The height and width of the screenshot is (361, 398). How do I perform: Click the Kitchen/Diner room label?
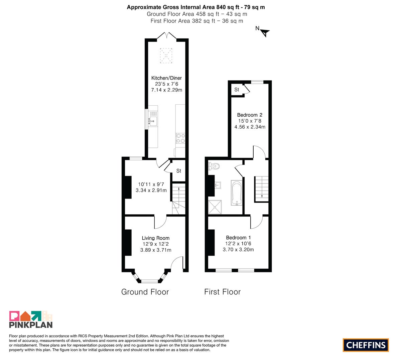(166, 78)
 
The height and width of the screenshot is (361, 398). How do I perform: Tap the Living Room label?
(156, 238)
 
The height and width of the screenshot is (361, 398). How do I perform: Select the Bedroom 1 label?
(238, 237)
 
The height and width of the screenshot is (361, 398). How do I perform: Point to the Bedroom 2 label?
(250, 115)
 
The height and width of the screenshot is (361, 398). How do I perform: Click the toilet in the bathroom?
(214, 166)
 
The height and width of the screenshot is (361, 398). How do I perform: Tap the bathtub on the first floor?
(237, 193)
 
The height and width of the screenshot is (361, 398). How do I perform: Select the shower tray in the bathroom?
(215, 207)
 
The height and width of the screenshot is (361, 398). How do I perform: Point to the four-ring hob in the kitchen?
(180, 138)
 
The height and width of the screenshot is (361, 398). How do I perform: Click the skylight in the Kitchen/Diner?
(166, 55)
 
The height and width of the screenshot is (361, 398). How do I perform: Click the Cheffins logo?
(366, 345)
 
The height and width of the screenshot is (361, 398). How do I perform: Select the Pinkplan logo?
(31, 319)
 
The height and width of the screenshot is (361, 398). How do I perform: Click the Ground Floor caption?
(145, 292)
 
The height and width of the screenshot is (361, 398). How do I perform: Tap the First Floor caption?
(222, 292)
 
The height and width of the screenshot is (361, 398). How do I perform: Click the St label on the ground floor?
(179, 171)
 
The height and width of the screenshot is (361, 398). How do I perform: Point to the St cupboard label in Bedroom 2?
(237, 90)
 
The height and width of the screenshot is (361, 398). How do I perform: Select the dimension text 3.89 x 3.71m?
(156, 250)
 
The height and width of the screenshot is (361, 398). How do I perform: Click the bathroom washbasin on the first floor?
(218, 185)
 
